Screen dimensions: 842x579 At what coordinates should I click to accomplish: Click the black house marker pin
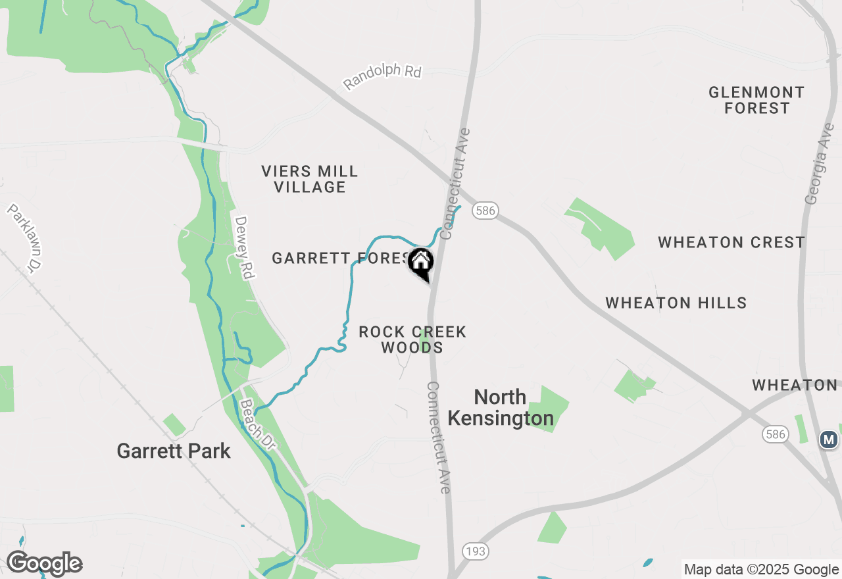tap(421, 264)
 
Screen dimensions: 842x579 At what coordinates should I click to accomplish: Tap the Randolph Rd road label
tap(382, 77)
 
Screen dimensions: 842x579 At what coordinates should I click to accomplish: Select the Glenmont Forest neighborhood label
tap(756, 100)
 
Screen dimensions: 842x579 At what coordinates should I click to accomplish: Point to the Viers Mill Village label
tap(310, 179)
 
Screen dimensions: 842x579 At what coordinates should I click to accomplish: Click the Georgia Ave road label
tap(820, 163)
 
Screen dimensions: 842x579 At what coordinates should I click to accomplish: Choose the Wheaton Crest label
tap(731, 242)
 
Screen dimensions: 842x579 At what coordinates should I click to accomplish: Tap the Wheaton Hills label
tap(676, 303)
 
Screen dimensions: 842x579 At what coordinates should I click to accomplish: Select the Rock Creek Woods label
tap(412, 340)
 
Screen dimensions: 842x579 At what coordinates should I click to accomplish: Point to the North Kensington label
tap(500, 407)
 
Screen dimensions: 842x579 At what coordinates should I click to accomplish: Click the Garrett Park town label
tap(174, 451)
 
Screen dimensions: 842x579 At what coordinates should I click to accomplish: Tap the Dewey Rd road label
tap(244, 247)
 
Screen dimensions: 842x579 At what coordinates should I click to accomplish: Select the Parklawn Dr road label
tap(26, 237)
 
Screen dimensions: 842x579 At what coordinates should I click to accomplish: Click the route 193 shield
tap(474, 551)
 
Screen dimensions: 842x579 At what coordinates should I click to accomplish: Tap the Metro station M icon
tap(829, 439)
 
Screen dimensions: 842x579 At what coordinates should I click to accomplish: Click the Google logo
tap(44, 564)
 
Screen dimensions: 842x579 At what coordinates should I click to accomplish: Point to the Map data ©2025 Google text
tap(760, 570)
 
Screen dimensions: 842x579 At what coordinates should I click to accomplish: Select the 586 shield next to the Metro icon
tap(776, 434)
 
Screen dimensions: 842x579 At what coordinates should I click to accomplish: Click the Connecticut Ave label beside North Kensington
tap(439, 438)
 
